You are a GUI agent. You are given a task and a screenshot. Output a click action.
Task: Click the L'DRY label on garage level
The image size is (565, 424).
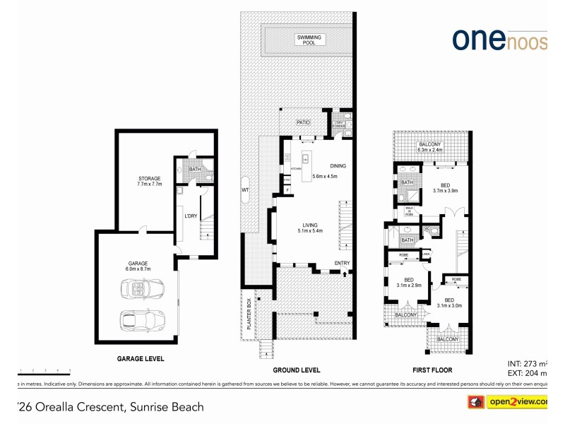tap(189, 215)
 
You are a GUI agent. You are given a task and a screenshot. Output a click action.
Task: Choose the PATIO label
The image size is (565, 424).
tap(304, 122)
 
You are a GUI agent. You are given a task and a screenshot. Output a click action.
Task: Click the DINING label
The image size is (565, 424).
tap(338, 166)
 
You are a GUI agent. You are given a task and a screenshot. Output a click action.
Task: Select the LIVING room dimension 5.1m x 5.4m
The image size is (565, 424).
tap(309, 230)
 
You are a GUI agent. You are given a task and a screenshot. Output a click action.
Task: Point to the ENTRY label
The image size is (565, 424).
tap(342, 264)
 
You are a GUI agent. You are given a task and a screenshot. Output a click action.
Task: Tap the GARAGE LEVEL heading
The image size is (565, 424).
tap(141, 359)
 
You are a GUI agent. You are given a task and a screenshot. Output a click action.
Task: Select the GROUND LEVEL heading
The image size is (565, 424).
tap(297, 370)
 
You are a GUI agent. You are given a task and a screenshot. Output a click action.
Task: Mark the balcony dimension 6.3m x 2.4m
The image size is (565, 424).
tap(429, 150)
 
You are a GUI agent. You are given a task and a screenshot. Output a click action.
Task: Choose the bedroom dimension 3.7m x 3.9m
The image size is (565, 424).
tap(446, 191)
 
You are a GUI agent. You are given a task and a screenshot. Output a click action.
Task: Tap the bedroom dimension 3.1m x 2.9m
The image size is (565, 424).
tap(409, 285)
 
